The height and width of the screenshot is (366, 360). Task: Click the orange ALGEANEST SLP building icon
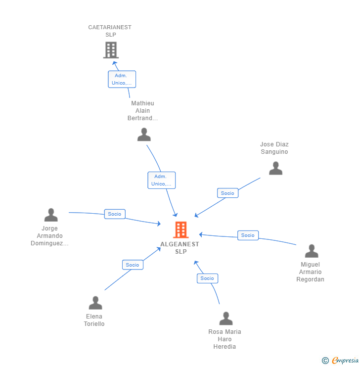(x=181, y=230)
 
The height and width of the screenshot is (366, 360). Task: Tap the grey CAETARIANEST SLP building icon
(x=111, y=50)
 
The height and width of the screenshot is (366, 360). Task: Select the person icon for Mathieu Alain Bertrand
(x=144, y=135)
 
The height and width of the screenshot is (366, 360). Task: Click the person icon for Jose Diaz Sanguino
(x=275, y=168)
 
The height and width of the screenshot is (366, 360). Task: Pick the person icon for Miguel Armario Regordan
(x=312, y=251)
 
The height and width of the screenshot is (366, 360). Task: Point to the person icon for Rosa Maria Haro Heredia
(x=226, y=319)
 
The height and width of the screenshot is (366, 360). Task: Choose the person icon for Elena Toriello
(x=95, y=303)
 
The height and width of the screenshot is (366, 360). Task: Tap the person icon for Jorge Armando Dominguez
(x=51, y=215)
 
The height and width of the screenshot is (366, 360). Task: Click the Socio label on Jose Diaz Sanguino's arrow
(x=227, y=193)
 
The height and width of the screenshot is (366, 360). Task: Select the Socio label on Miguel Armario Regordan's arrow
(x=248, y=235)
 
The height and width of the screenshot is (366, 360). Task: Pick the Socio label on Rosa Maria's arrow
(x=207, y=278)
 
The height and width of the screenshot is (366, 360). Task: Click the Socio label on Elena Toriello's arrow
(x=133, y=265)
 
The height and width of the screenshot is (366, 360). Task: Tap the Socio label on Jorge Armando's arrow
(x=115, y=214)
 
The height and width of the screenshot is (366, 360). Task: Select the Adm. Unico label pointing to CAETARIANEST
(x=122, y=79)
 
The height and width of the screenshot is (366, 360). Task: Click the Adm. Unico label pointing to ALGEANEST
(x=161, y=180)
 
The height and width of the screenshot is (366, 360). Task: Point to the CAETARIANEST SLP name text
(x=110, y=31)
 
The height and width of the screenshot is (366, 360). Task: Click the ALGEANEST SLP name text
(x=180, y=248)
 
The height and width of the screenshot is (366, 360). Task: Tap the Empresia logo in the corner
(x=340, y=361)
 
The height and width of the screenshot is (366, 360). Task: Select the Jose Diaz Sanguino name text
(x=274, y=148)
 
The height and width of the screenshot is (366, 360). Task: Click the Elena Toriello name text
(x=94, y=320)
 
